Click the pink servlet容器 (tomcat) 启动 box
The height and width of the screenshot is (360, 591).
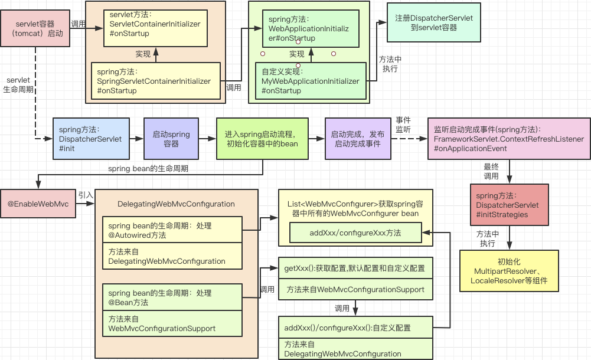(x=35, y=28)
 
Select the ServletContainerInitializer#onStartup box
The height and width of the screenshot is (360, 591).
(x=155, y=28)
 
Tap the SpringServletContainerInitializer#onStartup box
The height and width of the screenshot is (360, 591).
(x=156, y=81)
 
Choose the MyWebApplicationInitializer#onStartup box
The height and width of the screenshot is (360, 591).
(x=311, y=81)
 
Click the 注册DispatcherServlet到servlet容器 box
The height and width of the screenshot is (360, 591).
(x=434, y=22)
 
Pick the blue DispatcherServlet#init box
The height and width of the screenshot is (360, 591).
(x=91, y=139)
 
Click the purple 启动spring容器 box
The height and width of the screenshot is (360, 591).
(x=171, y=139)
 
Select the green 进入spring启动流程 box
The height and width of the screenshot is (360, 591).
(x=262, y=139)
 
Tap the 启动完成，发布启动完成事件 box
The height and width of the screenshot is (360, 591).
(x=358, y=139)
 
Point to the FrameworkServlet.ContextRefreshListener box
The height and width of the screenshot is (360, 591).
(x=509, y=139)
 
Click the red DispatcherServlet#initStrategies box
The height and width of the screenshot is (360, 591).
(x=509, y=205)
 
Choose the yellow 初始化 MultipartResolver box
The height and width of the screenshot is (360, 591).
(x=509, y=271)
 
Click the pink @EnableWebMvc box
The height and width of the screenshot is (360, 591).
(x=38, y=204)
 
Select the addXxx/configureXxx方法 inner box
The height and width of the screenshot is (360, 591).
(x=355, y=233)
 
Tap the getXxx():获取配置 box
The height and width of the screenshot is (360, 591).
(x=355, y=268)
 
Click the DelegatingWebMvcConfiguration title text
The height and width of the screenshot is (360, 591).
(x=176, y=204)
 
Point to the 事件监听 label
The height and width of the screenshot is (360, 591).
(x=403, y=125)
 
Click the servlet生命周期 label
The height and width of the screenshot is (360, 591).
(x=18, y=85)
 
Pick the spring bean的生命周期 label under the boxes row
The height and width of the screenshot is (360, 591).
(x=148, y=168)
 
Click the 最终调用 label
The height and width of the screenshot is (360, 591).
(x=491, y=171)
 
